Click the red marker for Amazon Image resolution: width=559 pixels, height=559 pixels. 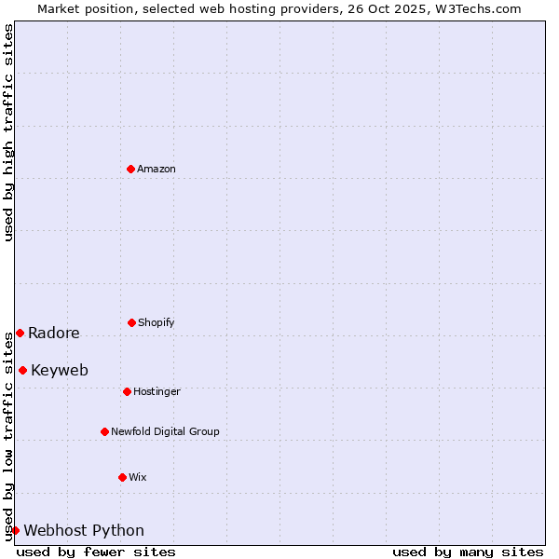click(131, 169)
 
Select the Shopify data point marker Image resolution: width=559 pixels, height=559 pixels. click(131, 322)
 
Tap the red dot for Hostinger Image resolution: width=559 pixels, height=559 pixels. click(127, 391)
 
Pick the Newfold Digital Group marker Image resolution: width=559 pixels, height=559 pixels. click(104, 431)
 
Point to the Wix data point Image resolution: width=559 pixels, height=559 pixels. click(122, 477)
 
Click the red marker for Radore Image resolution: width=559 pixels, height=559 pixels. click(20, 333)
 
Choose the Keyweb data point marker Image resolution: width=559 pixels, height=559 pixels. click(22, 370)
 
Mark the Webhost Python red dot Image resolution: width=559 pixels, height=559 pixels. click(15, 530)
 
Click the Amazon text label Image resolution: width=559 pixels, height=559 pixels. click(157, 169)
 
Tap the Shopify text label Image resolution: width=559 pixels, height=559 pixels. click(157, 322)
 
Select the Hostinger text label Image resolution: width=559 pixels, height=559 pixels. click(157, 391)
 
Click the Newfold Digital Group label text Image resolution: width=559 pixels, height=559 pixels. click(165, 431)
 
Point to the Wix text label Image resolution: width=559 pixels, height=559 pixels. click(138, 477)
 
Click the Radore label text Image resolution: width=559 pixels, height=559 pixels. click(54, 334)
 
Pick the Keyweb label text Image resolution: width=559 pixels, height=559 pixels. click(60, 371)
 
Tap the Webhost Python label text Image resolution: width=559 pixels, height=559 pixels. click(84, 531)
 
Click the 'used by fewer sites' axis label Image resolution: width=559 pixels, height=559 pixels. click(96, 552)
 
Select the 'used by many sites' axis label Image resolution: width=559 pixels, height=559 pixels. click(468, 552)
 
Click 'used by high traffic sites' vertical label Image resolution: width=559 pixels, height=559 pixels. click(9, 132)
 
